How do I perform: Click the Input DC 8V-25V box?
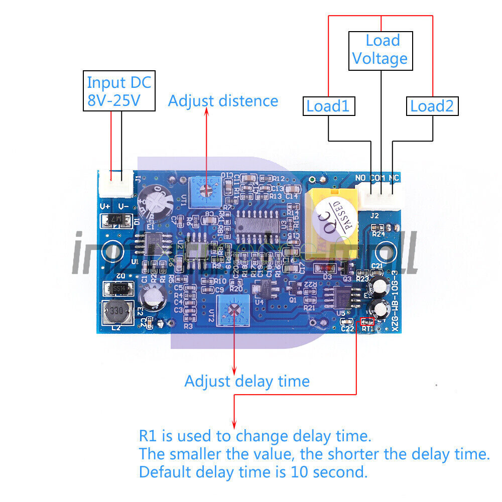click(x=119, y=91)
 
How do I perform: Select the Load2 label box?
click(x=432, y=106)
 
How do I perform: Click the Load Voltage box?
click(x=380, y=50)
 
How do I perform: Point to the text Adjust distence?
click(x=223, y=101)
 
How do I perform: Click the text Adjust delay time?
click(x=246, y=382)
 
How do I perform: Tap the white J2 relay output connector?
click(x=383, y=195)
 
